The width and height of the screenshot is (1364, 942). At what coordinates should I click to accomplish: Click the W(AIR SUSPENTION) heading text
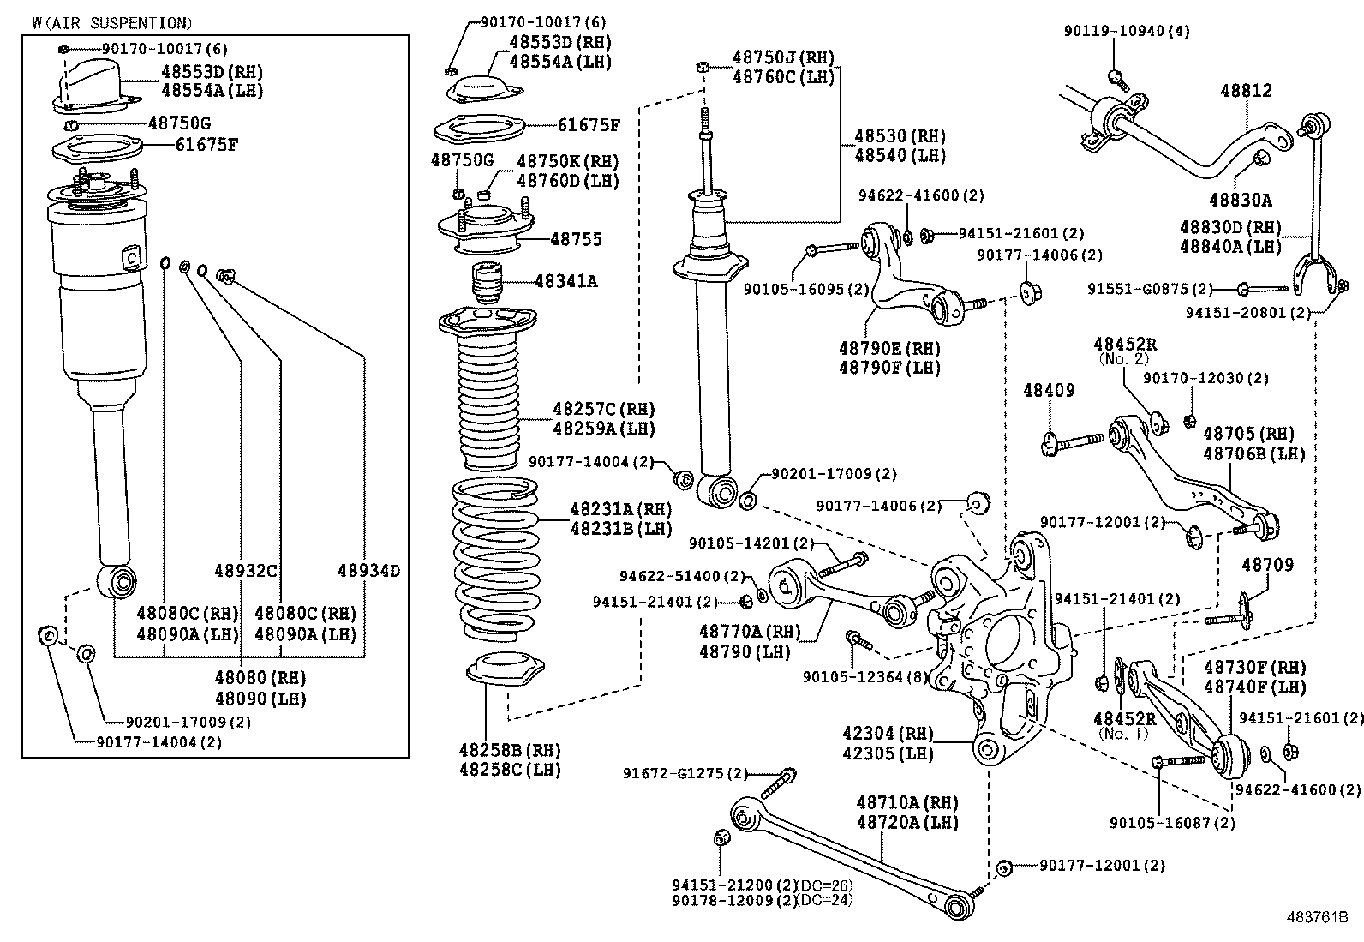[x=111, y=23]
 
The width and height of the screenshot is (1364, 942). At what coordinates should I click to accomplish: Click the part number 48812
[x=1246, y=91]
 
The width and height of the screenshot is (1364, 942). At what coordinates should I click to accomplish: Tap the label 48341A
[x=565, y=280]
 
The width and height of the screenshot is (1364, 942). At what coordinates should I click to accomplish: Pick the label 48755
[x=576, y=239]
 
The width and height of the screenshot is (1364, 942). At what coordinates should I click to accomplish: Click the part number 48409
[x=1049, y=391]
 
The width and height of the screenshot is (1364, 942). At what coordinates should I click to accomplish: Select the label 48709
[x=1268, y=566]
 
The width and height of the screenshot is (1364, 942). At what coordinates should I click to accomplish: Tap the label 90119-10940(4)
[x=1127, y=31]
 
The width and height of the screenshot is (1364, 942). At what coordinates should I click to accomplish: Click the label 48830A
[x=1241, y=201]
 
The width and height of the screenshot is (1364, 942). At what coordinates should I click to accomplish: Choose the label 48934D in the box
[x=368, y=571]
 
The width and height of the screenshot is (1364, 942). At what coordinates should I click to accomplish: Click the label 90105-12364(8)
[x=865, y=677]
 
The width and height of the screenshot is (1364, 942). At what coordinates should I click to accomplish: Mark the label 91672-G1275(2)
[x=685, y=774]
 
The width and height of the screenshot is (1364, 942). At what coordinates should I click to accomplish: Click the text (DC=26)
[x=825, y=885]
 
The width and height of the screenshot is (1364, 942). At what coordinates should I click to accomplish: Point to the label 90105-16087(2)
[x=1172, y=823]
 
